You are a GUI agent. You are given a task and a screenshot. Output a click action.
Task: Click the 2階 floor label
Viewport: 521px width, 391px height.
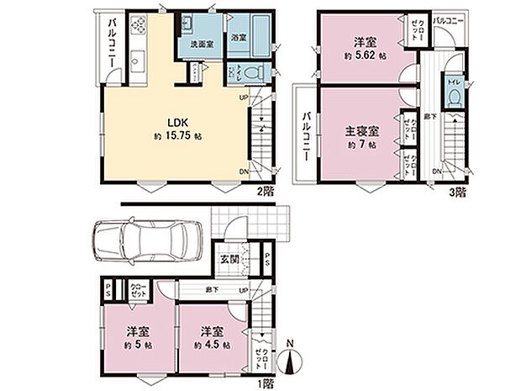(266, 191)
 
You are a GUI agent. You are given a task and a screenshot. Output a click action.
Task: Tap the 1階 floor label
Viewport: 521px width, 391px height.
(266, 381)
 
